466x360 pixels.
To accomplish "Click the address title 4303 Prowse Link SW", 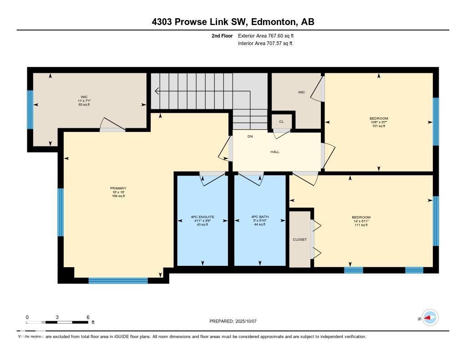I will (x=233, y=21).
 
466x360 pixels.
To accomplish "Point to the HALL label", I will (x=275, y=152).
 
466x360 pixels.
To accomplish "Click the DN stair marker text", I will (x=250, y=137).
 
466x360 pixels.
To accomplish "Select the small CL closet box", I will (x=281, y=122).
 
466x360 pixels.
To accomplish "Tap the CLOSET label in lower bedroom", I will (x=300, y=239).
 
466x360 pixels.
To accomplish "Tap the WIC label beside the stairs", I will (x=301, y=92).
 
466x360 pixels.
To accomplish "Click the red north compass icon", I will (x=430, y=318).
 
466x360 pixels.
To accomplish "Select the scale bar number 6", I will (x=87, y=317).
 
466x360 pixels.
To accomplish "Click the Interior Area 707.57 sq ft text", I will (x=265, y=44).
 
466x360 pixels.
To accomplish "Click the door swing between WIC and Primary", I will (x=111, y=124).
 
